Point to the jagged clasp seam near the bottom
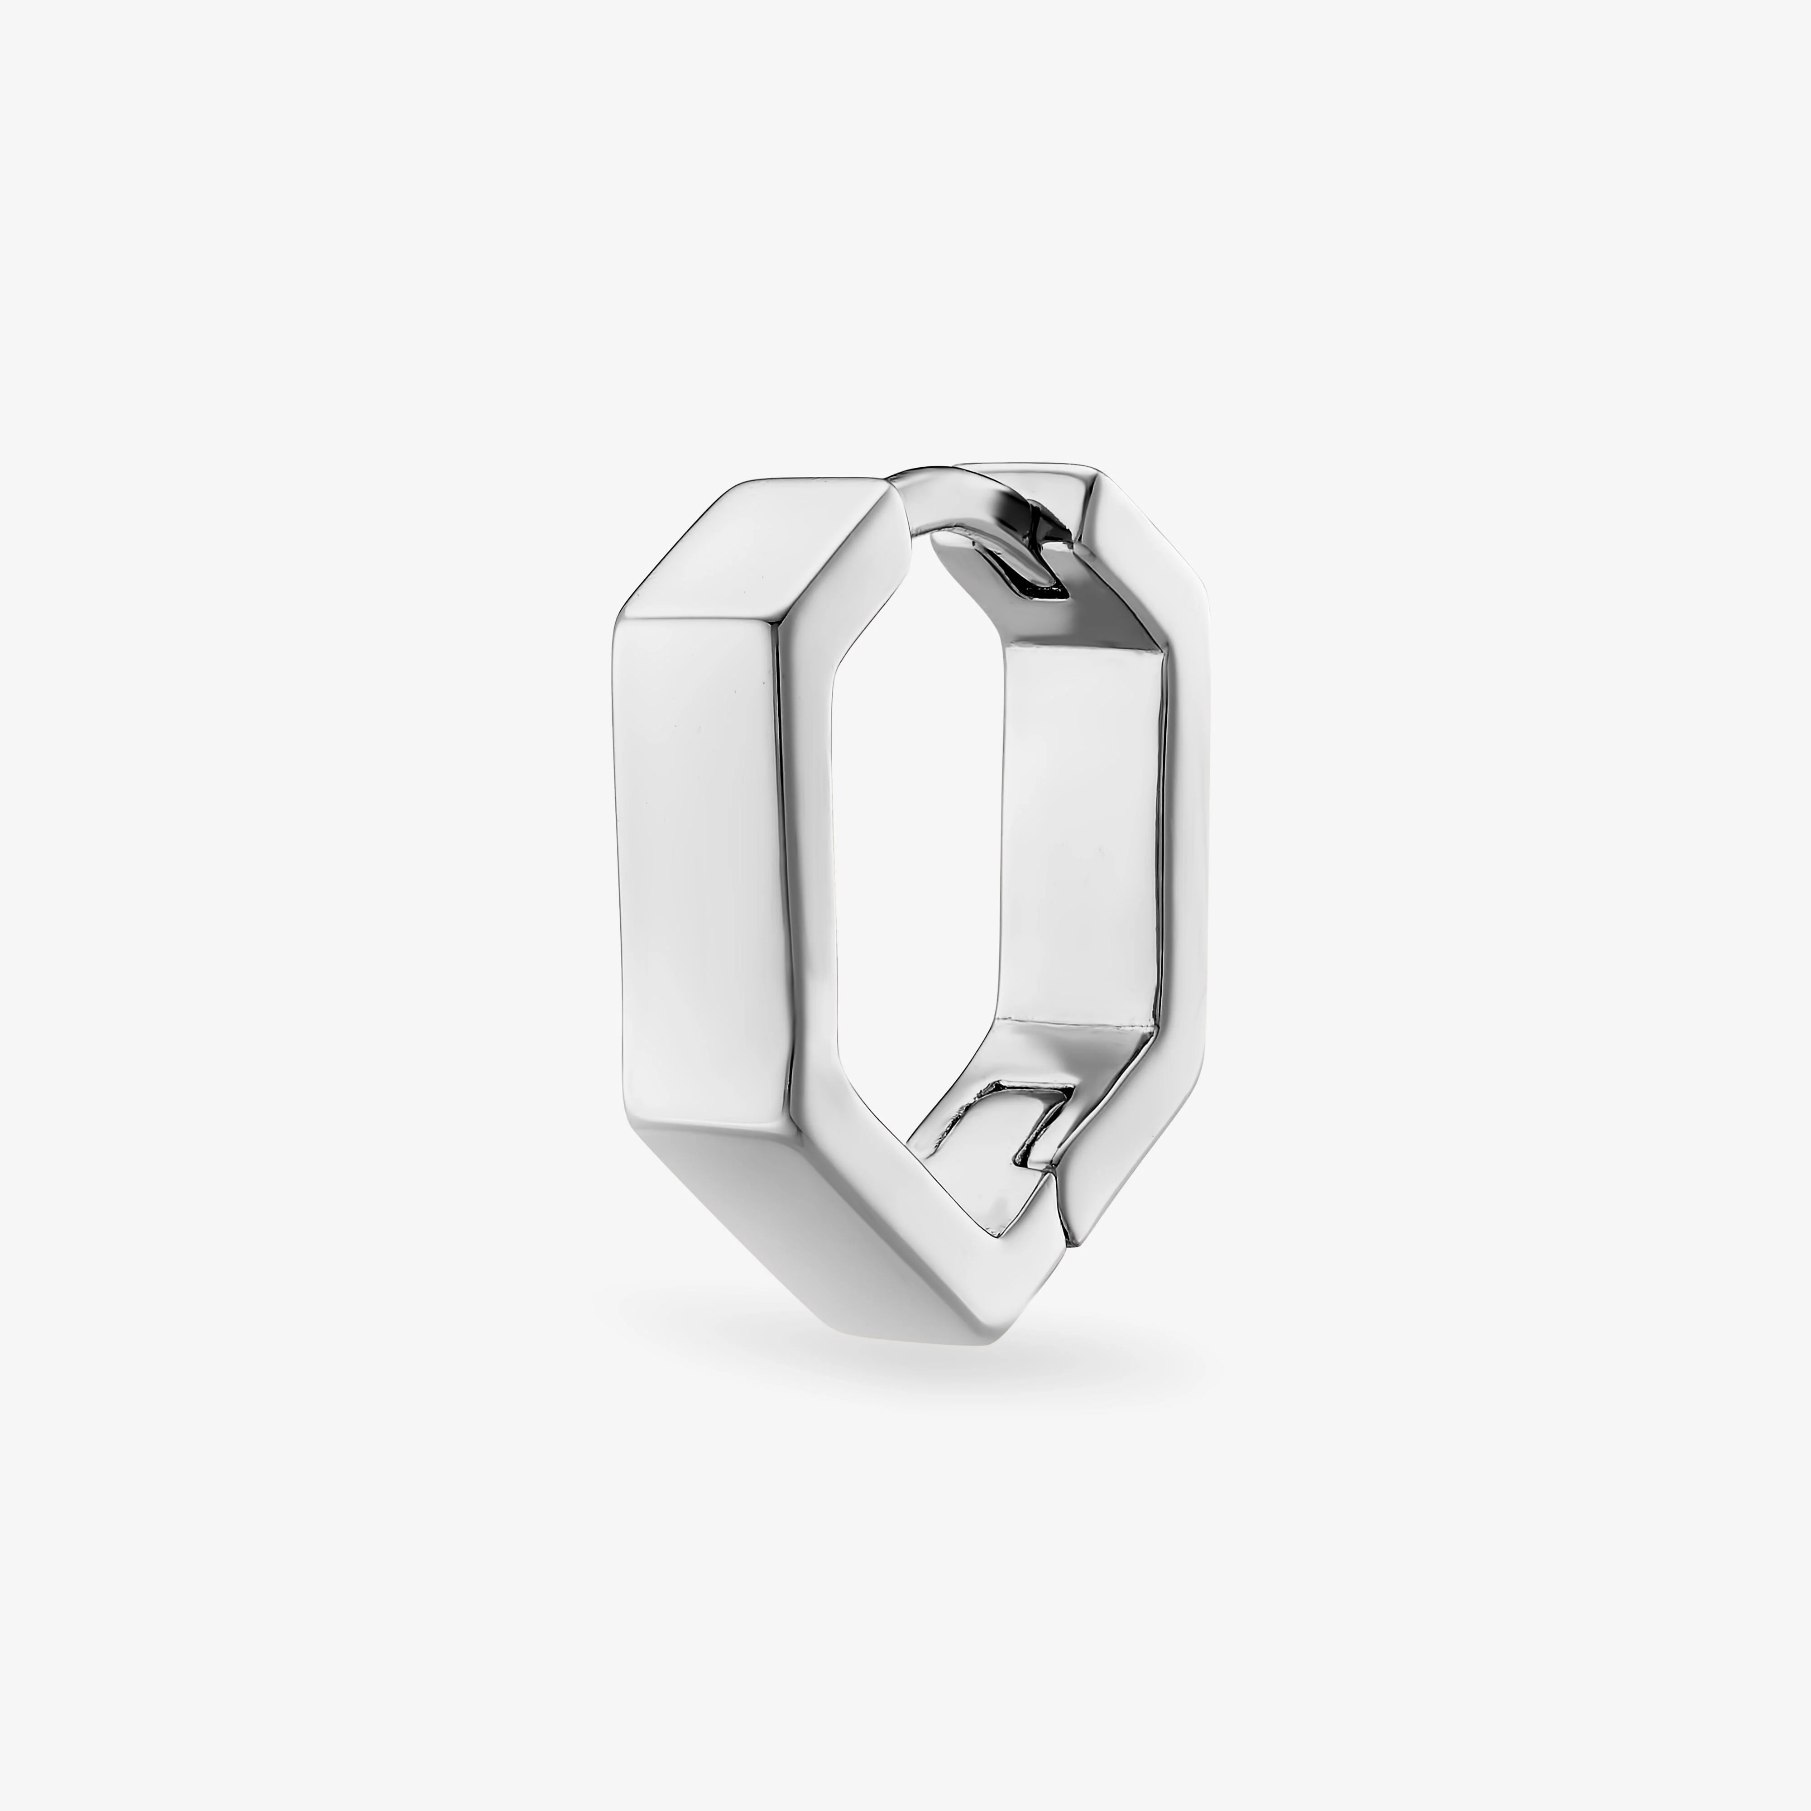point(1057,1209)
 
